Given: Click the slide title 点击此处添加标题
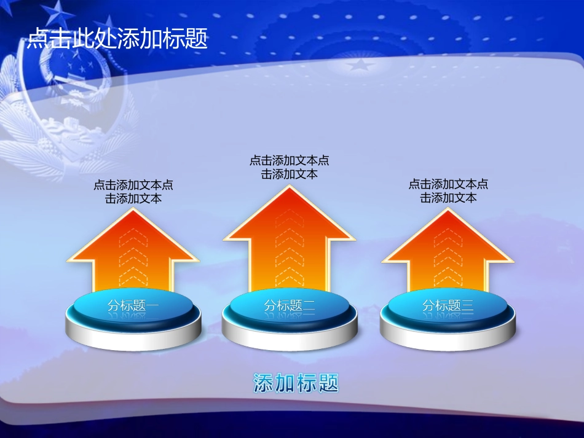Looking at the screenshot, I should pos(117,39).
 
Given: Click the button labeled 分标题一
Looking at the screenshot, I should pos(133,305).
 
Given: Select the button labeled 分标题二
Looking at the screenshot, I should pos(290,305).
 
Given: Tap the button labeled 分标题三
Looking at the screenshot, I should pos(448,305).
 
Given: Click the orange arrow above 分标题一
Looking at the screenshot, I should pos(133,252).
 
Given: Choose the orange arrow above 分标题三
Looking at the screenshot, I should pos(448,252).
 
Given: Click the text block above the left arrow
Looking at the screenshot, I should pos(133,192).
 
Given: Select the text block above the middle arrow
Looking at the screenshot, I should pos(290,167).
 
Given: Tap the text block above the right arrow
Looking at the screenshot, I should pos(448,192).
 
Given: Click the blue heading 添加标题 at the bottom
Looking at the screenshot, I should pos(296,383).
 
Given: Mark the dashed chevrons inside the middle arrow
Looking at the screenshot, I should pos(289,249).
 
